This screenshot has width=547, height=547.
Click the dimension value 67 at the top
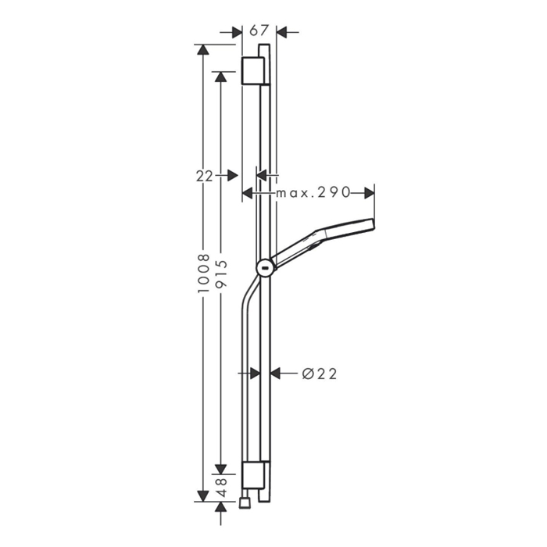[x=259, y=30]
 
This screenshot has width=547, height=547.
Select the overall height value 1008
[x=204, y=273]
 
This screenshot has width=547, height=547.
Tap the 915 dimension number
[x=222, y=273]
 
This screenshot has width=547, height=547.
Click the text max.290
[x=310, y=192]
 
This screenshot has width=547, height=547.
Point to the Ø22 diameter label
[x=319, y=374]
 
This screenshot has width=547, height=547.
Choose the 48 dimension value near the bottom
[x=222, y=488]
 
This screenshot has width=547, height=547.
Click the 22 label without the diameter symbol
[x=204, y=176]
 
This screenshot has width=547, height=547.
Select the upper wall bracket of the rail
[x=253, y=71]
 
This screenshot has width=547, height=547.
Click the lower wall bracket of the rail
[x=253, y=475]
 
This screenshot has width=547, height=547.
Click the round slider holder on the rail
[x=266, y=269]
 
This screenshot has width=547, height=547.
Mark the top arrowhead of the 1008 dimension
[x=204, y=49]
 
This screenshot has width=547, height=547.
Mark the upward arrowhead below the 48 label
[x=222, y=508]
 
